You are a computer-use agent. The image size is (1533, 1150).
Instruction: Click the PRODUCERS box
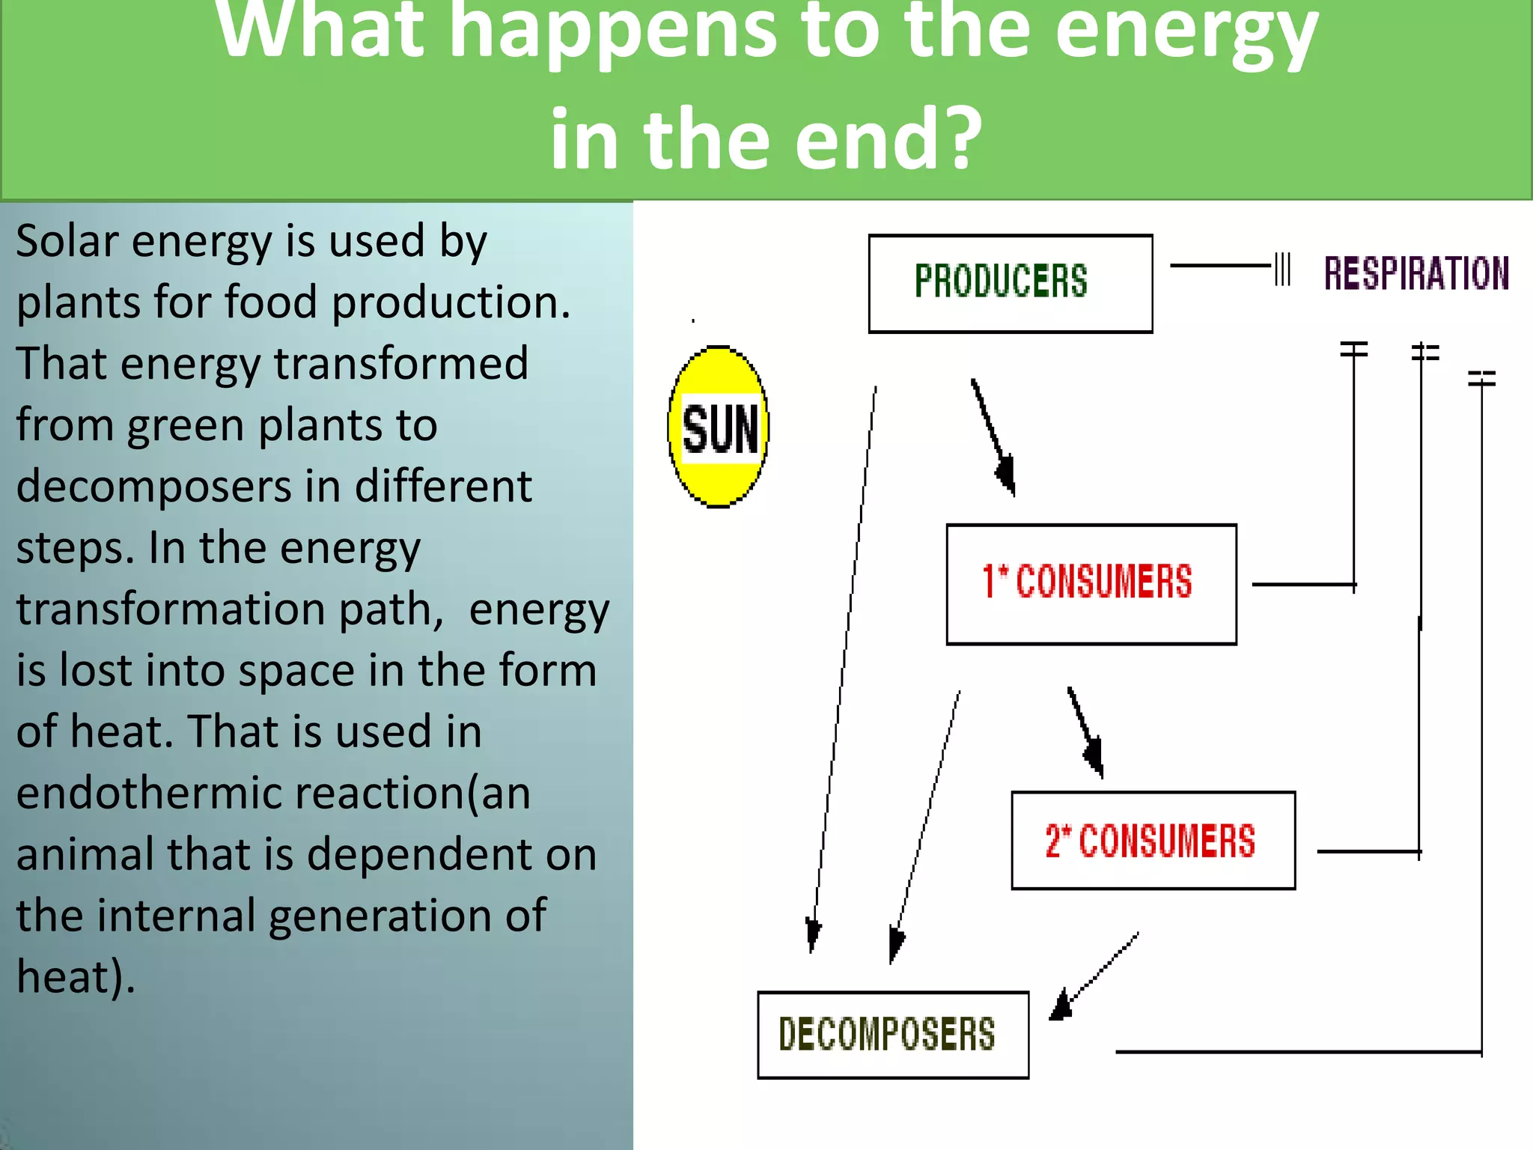pyautogui.click(x=1010, y=283)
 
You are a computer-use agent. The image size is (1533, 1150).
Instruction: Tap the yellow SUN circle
pyautogui.click(x=719, y=427)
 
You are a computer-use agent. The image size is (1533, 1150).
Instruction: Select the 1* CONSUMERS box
pyautogui.click(x=1091, y=584)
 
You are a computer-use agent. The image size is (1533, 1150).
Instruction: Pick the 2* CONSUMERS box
pyautogui.click(x=1153, y=840)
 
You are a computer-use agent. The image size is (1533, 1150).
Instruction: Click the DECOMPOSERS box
pyautogui.click(x=892, y=1035)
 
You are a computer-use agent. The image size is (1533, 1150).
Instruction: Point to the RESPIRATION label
pyautogui.click(x=1415, y=273)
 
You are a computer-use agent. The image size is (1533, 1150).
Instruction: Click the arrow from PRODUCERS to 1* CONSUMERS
pyautogui.click(x=993, y=436)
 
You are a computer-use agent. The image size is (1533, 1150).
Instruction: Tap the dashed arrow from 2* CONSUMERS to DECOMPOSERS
pyautogui.click(x=1095, y=976)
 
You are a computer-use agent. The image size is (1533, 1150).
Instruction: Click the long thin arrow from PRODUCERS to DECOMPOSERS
pyautogui.click(x=844, y=666)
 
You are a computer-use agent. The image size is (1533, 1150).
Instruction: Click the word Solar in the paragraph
pyautogui.click(x=67, y=242)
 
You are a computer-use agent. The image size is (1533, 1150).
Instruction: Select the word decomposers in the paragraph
pyautogui.click(x=154, y=487)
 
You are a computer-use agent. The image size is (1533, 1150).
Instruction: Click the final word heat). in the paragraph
pyautogui.click(x=76, y=977)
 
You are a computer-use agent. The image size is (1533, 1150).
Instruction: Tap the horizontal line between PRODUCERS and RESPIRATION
pyautogui.click(x=1220, y=265)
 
